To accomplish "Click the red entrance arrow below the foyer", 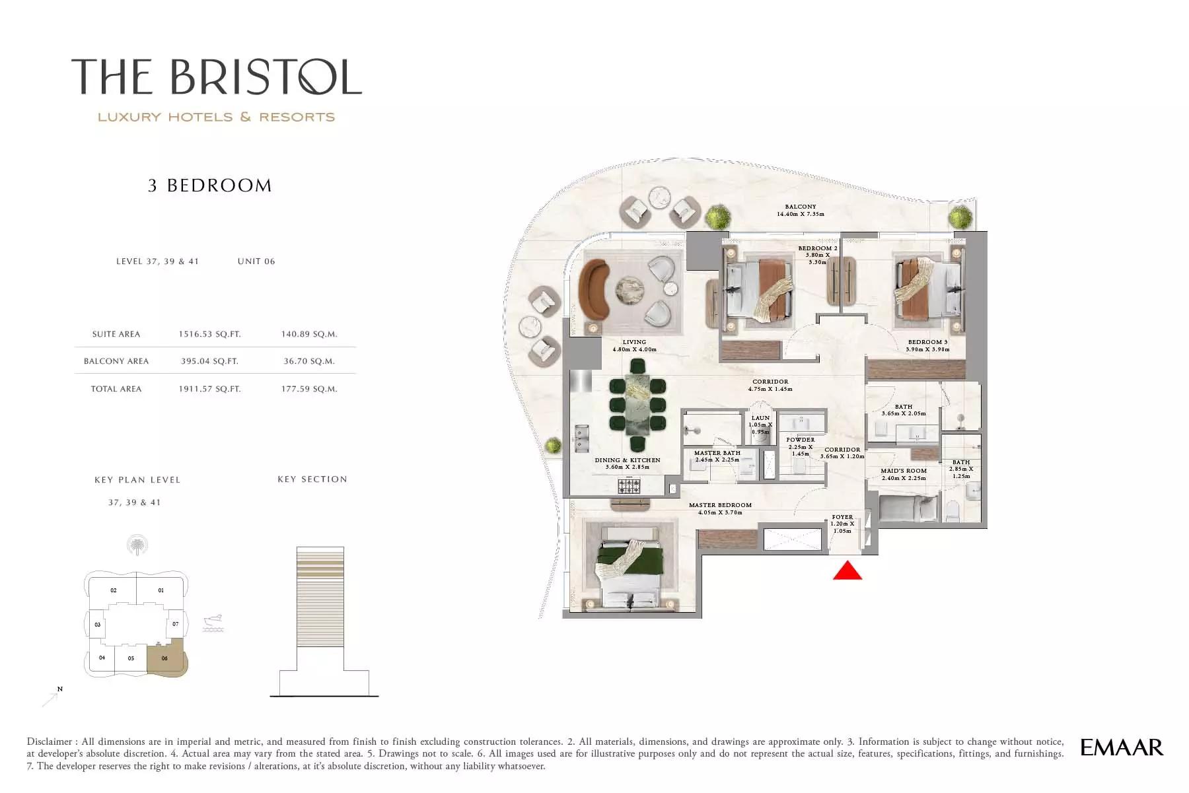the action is pos(847,570).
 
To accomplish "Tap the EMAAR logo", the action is pos(1122,747).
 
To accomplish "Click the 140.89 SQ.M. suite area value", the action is pos(309,334).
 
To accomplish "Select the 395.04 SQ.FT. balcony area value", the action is pos(209,361).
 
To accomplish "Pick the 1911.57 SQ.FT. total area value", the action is pos(209,389).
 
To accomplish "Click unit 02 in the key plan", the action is pos(114,591).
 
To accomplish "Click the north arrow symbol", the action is pos(52,697).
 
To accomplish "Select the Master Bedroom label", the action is pos(720,505).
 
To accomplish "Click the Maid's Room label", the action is pos(904,471).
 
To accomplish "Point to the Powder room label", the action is pos(801,440).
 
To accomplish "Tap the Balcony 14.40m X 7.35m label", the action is pos(801,211).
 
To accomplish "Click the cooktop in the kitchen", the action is pos(629,487).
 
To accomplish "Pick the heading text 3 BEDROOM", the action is pos(209,186).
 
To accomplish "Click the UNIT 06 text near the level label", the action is pos(256,261).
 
